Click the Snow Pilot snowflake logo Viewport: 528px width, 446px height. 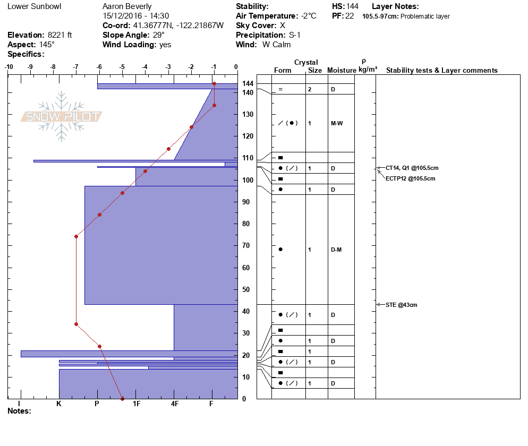(61, 116)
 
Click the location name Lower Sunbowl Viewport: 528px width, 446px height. (35, 6)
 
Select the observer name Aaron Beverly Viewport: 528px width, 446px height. (127, 6)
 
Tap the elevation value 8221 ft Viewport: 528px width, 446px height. (59, 35)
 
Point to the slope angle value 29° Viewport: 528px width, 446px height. (159, 35)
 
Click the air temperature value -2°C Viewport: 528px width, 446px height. (309, 16)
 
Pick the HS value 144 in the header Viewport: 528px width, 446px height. (352, 6)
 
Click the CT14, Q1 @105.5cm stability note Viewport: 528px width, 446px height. (412, 168)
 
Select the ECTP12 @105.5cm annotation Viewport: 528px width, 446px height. (410, 179)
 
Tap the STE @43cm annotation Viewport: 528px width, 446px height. (401, 305)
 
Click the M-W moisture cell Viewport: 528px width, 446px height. (337, 124)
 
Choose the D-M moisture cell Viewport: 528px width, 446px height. (336, 250)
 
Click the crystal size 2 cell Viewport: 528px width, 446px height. (310, 90)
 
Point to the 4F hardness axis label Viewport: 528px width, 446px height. (174, 404)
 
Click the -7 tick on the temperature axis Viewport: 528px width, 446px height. (76, 67)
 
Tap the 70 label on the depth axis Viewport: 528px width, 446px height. (246, 246)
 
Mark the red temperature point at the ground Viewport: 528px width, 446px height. (122, 399)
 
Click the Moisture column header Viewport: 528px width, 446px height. (342, 70)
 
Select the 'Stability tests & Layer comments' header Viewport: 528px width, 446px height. (442, 70)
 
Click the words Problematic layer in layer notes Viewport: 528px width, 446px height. (425, 16)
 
